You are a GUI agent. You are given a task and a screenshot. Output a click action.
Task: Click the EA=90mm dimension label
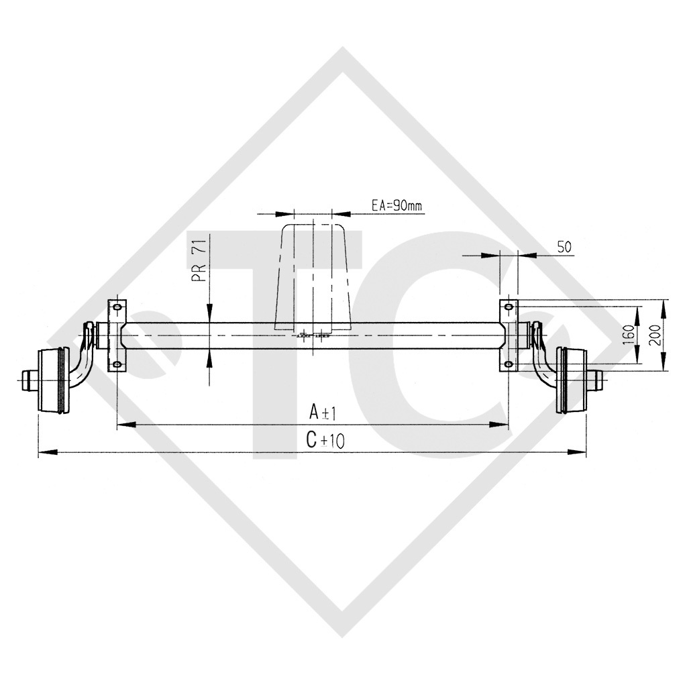397,206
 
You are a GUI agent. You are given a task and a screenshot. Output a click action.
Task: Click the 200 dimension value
654,333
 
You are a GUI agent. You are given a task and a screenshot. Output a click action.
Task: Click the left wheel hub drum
52,380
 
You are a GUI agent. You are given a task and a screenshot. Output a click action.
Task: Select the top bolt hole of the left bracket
117,307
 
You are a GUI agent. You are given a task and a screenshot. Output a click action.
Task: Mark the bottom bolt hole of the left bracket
117,364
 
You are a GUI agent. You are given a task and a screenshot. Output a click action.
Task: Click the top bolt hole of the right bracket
509,307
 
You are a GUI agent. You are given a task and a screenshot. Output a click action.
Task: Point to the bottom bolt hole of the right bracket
509,364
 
